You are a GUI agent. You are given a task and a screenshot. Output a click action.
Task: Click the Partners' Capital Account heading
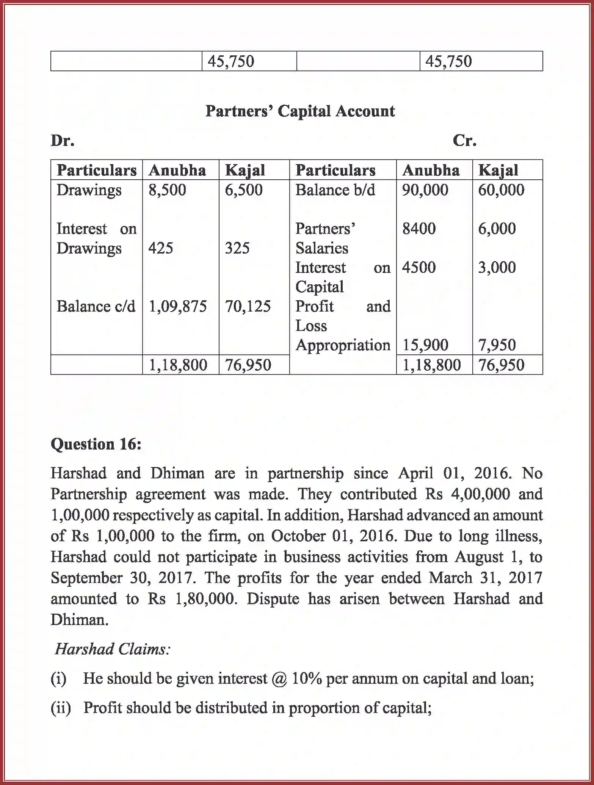point(300,111)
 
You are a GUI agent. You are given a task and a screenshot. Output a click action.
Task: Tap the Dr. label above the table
point(63,141)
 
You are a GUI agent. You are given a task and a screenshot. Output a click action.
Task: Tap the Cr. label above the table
point(464,141)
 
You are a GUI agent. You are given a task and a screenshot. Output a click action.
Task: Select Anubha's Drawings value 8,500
point(167,190)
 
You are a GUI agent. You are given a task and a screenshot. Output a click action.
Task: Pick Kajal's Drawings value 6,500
point(243,190)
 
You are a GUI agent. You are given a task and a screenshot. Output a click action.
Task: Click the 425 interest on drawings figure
point(161,248)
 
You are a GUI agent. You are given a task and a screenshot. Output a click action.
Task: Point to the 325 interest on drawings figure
point(237,248)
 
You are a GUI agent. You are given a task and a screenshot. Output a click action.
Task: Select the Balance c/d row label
point(96,306)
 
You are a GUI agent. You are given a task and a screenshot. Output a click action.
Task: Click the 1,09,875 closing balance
point(177,306)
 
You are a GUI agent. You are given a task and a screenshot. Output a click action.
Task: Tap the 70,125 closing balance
point(248,306)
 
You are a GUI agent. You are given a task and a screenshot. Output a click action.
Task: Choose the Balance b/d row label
point(335,190)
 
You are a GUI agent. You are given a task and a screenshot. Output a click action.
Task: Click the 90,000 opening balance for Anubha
point(425,190)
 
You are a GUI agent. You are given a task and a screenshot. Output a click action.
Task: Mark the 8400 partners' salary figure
point(419,229)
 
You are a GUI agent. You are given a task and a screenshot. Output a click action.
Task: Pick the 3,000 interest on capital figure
point(497,268)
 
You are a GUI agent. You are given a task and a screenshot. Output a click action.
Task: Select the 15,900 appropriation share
point(425,345)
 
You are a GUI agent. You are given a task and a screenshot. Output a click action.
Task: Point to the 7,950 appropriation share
point(497,345)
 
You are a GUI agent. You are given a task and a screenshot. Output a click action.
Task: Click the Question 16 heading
point(96,444)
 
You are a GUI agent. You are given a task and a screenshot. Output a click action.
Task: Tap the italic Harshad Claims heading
point(113,649)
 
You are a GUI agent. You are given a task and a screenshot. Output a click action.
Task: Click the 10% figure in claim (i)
point(307,678)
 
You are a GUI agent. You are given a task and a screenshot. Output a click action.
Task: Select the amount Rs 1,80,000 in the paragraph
point(193,599)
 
